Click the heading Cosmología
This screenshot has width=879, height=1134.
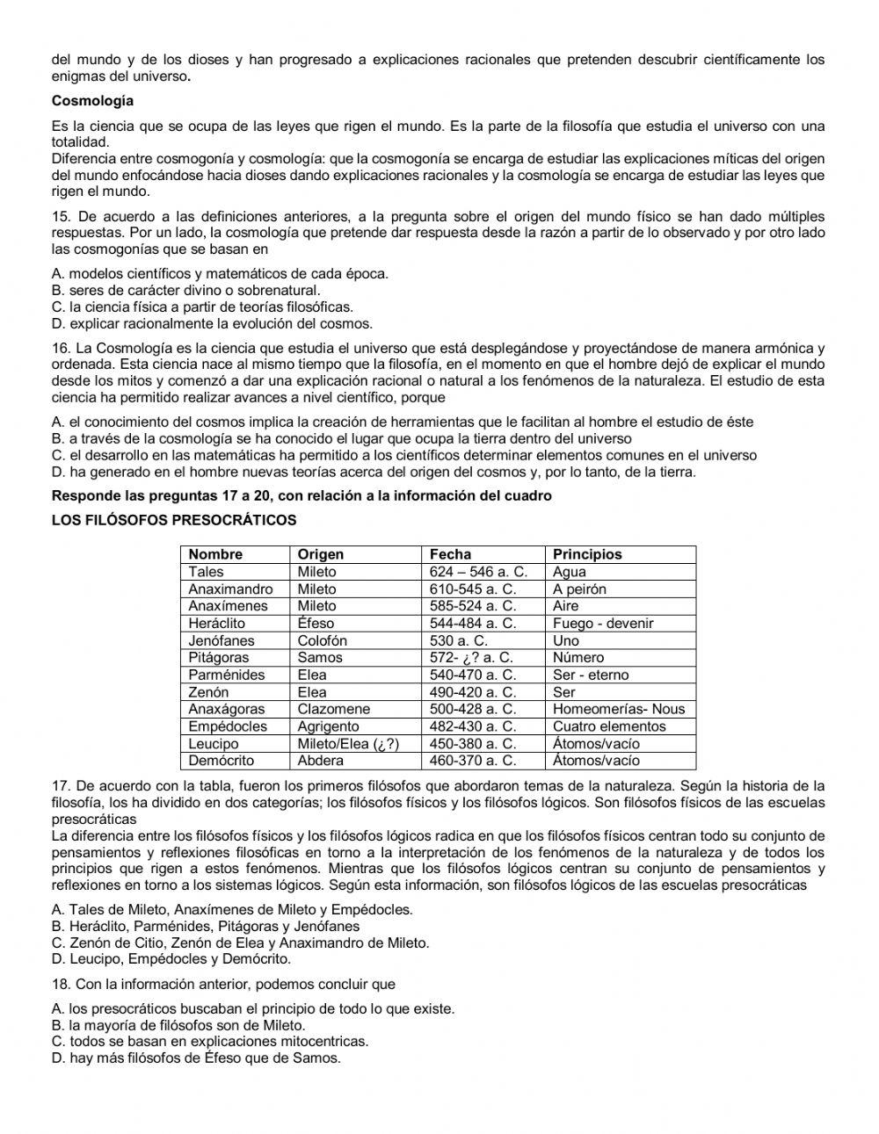92,101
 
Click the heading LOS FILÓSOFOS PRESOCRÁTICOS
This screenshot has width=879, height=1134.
174,520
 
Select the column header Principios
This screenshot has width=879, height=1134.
587,554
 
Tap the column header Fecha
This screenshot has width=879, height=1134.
450,554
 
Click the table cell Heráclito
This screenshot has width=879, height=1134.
217,623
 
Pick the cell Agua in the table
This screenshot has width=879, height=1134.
570,572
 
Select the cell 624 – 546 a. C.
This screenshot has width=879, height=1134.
478,572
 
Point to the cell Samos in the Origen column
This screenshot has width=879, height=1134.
320,657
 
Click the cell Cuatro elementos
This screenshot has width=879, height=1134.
609,726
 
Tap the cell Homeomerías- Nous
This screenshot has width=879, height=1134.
618,709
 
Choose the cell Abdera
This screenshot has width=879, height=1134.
321,761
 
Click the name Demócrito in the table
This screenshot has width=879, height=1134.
221,761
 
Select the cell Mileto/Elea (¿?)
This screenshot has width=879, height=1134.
348,744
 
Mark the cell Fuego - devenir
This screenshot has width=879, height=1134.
603,623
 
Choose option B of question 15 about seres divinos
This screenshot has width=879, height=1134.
186,290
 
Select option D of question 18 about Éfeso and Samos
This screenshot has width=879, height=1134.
196,1058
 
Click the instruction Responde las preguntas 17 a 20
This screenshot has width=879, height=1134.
301,495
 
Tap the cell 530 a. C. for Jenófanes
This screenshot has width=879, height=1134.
458,640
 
